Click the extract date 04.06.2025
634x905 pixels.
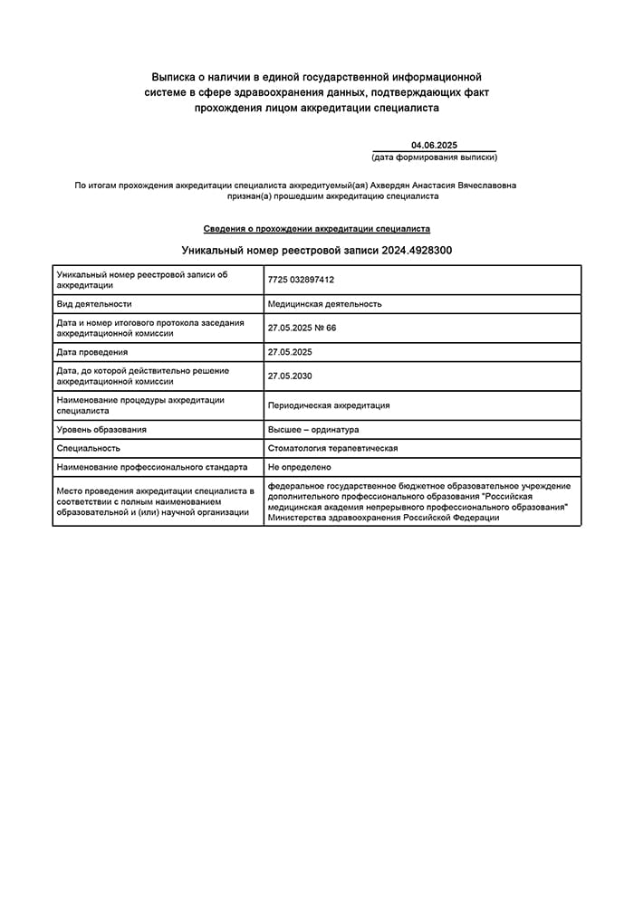tap(434, 145)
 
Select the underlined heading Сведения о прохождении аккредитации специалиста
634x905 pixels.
tap(317, 229)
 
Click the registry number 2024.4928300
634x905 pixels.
tap(417, 250)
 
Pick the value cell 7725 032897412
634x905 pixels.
tap(301, 280)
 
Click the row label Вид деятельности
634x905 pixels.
tap(94, 304)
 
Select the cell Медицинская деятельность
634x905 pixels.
tap(324, 304)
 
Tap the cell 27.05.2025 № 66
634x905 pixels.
tap(302, 328)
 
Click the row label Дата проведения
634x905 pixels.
tap(91, 352)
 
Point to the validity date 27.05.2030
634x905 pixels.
tap(290, 376)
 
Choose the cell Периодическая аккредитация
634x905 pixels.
tap(329, 405)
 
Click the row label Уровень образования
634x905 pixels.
tap(101, 429)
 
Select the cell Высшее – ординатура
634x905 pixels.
tap(313, 429)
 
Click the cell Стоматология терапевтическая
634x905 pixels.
tap(332, 448)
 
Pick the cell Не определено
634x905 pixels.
tap(299, 467)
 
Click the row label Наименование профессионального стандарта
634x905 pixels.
tap(151, 467)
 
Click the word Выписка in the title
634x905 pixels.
tap(173, 78)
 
